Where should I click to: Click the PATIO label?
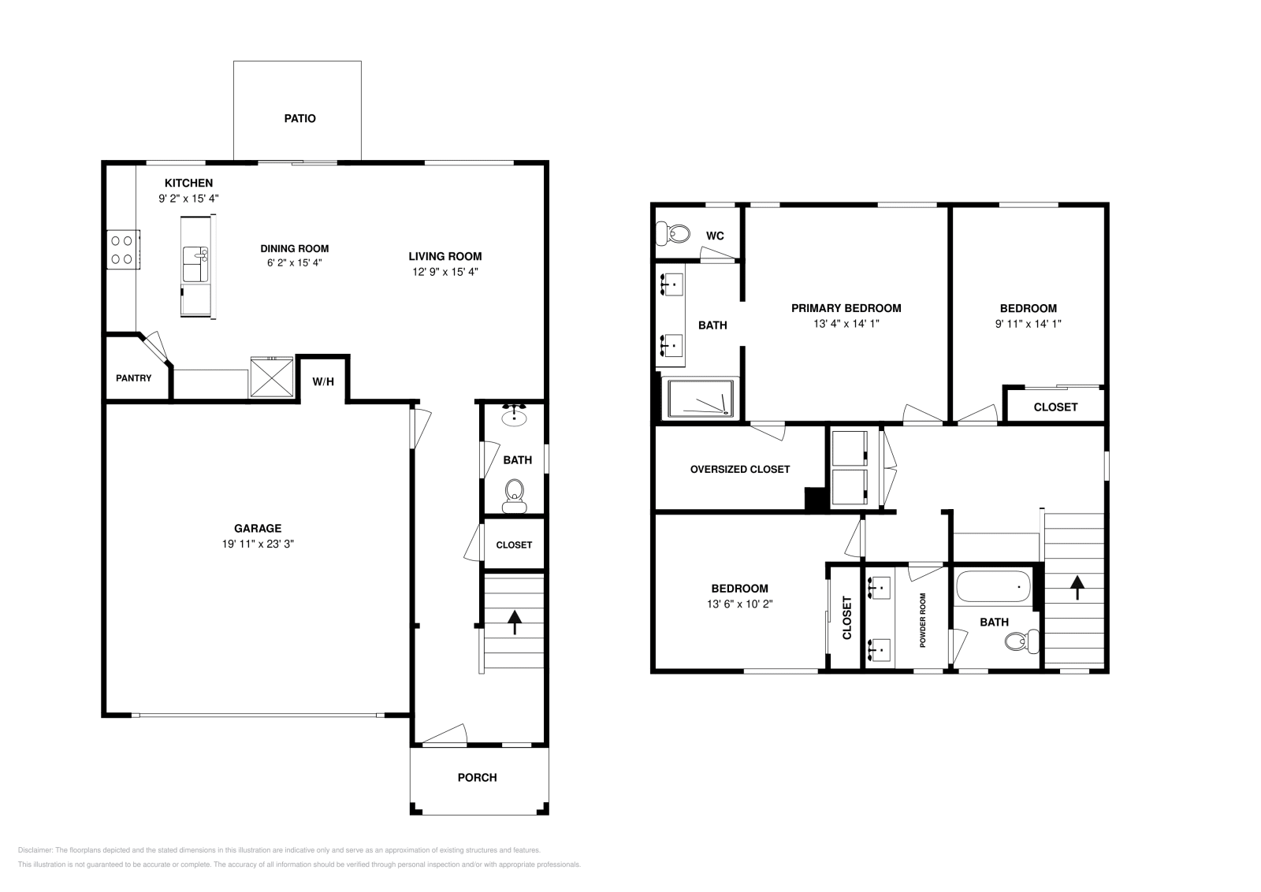point(299,118)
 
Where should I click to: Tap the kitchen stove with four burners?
point(122,249)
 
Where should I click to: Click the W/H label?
point(323,382)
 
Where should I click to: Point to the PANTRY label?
point(134,378)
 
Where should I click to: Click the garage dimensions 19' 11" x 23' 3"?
point(258,544)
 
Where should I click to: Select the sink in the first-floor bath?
point(515,415)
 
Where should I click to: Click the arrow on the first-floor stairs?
point(515,622)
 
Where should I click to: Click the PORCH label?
point(478,778)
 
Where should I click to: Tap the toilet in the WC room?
point(673,233)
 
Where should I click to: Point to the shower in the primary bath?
point(701,399)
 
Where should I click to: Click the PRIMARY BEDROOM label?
point(846,308)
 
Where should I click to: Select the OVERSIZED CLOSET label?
point(739,469)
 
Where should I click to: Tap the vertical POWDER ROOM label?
point(922,620)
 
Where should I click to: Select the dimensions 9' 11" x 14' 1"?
point(1028,323)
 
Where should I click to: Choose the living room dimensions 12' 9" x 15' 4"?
point(445,272)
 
